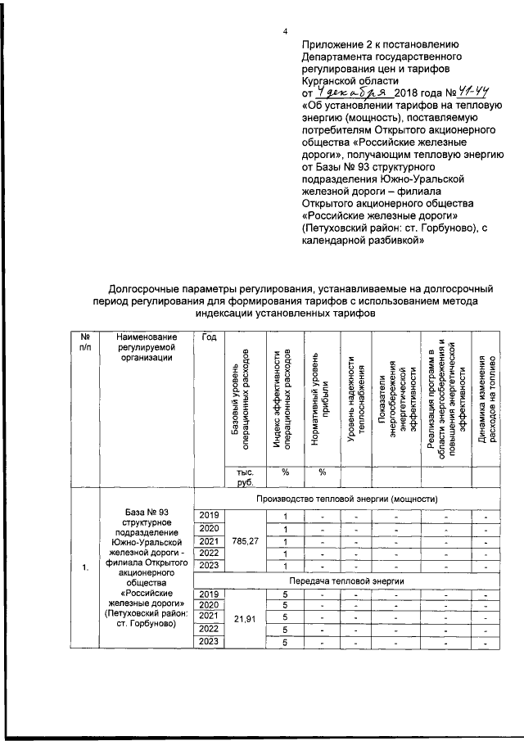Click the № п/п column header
point(84,343)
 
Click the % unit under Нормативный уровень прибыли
point(322,472)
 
